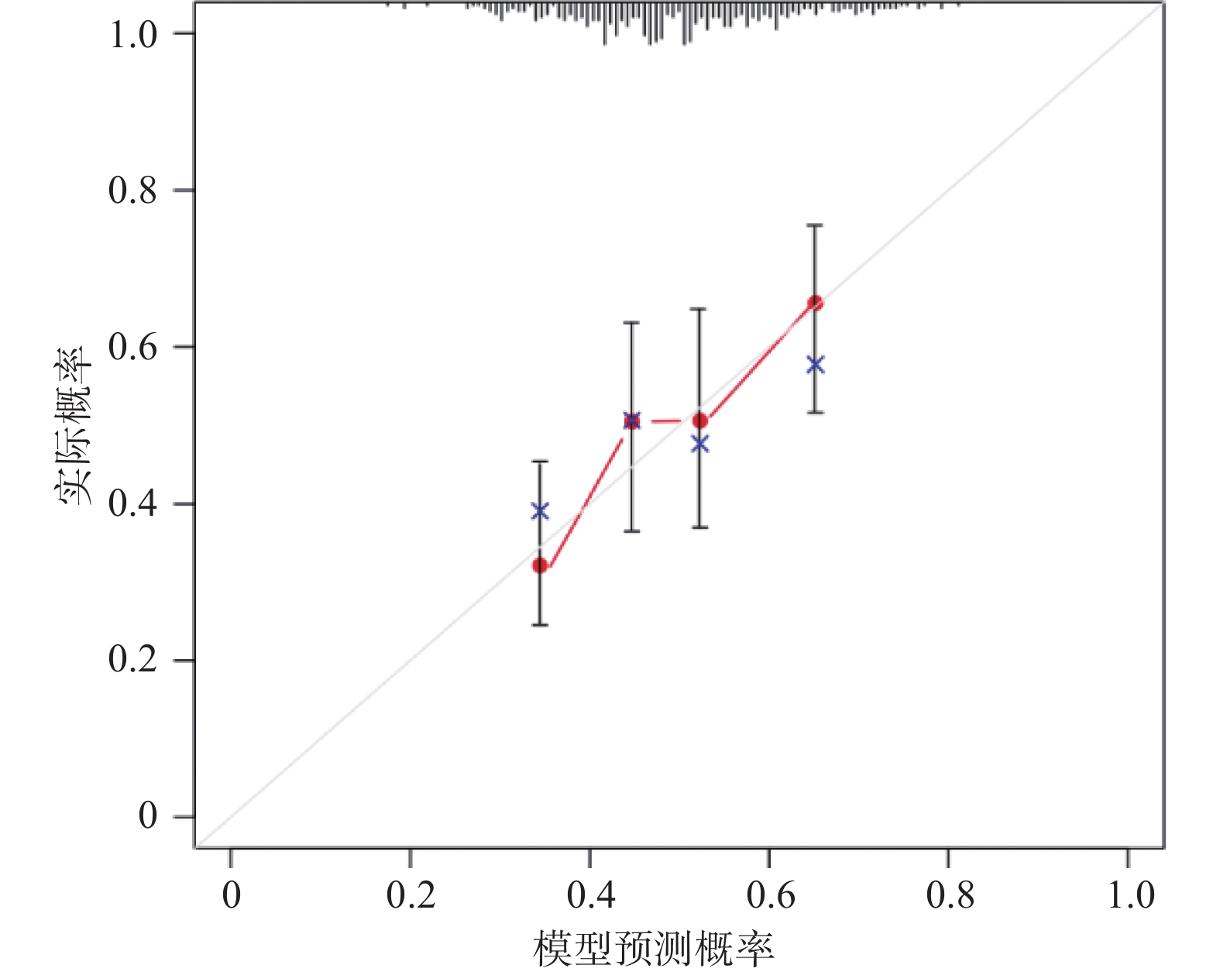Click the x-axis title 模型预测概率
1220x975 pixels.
point(653,949)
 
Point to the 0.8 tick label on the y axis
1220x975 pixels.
point(132,191)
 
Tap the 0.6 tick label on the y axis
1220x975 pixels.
point(132,347)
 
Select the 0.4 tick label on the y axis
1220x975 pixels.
point(132,504)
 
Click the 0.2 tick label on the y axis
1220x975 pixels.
point(132,661)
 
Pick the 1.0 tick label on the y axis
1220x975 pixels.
point(132,34)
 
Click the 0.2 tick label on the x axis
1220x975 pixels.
point(411,896)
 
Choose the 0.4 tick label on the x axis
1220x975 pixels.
point(590,896)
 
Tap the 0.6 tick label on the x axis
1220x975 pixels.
point(770,896)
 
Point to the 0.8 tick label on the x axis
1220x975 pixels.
point(950,896)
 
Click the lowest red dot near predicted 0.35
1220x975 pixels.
point(540,565)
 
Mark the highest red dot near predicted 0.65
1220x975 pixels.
point(816,303)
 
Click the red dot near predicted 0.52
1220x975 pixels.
point(700,421)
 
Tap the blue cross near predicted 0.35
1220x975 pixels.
point(540,511)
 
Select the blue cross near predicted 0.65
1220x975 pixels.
point(816,365)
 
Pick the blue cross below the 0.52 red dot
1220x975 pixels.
point(700,444)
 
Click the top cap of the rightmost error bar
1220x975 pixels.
point(816,225)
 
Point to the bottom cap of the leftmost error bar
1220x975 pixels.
point(540,624)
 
